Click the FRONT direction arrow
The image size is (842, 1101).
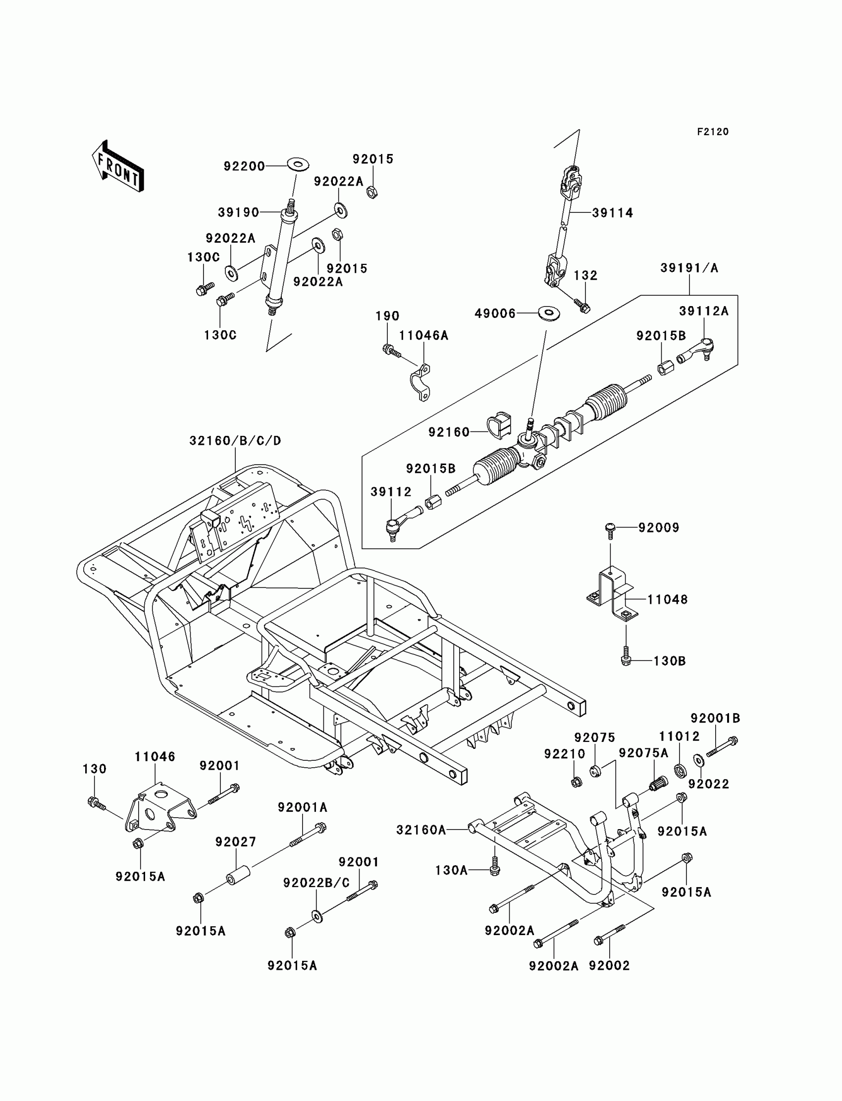click(118, 166)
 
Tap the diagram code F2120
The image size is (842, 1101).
click(713, 132)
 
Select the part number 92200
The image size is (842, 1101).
click(244, 166)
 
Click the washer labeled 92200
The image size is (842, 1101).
click(298, 164)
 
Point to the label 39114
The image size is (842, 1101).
click(613, 213)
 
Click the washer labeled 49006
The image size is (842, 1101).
click(549, 314)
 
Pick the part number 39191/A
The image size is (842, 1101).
click(689, 268)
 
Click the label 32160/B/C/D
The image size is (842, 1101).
click(235, 440)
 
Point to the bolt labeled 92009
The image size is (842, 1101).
click(610, 530)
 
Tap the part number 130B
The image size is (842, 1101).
click(670, 661)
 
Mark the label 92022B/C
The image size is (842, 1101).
click(316, 883)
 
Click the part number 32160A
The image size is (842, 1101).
click(421, 830)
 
